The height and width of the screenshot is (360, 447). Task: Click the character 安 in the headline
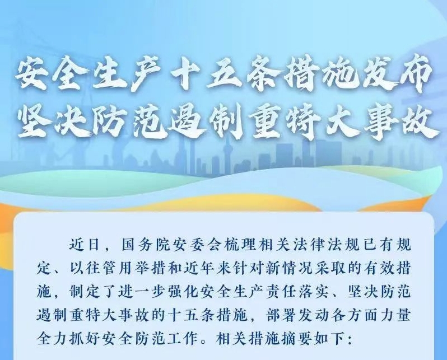click(35, 77)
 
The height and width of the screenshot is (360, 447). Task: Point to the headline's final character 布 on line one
click(412, 77)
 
